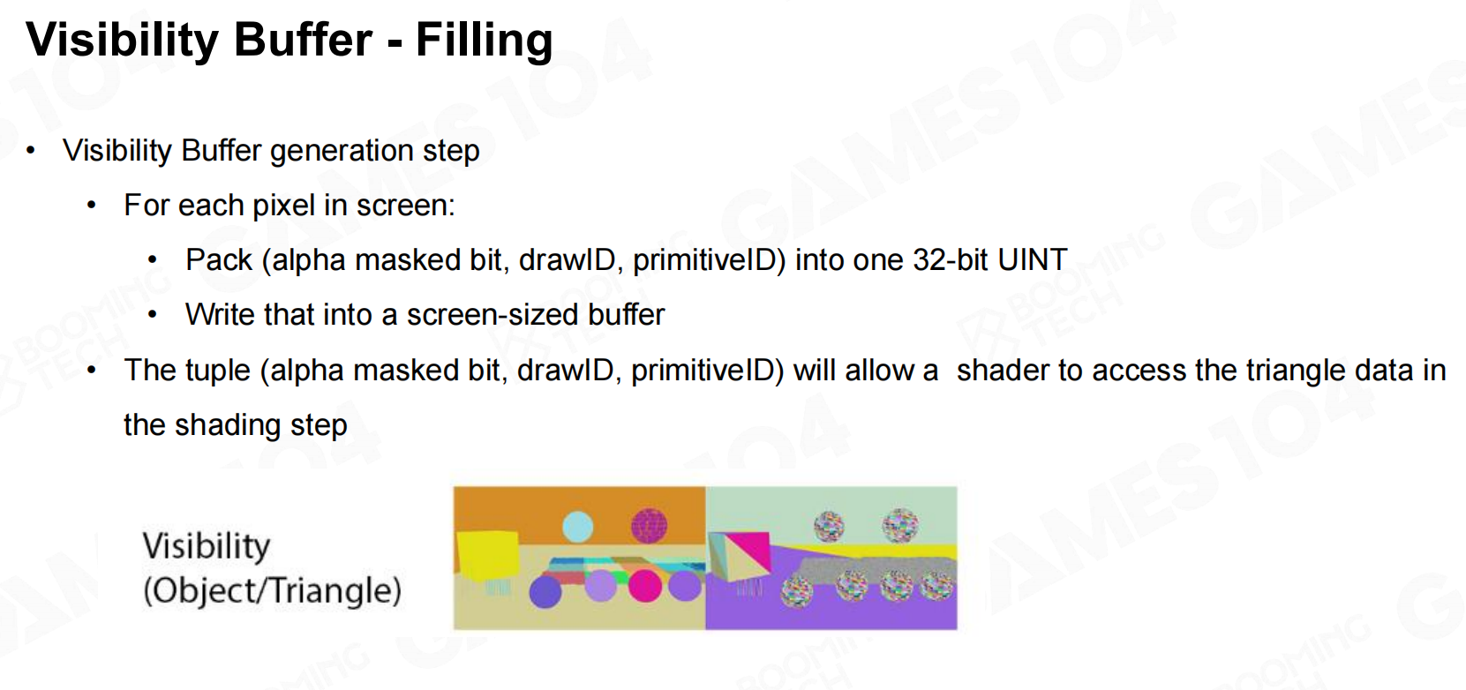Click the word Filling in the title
(484, 41)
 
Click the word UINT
(1033, 259)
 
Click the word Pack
(219, 259)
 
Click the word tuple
(214, 371)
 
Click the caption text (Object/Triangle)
(272, 590)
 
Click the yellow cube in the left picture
(487, 557)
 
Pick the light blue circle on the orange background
(578, 527)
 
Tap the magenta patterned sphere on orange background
(650, 526)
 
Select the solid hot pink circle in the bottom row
(645, 585)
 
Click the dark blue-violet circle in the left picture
(545, 592)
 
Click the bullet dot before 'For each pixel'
(92, 206)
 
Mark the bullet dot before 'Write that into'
(153, 315)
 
